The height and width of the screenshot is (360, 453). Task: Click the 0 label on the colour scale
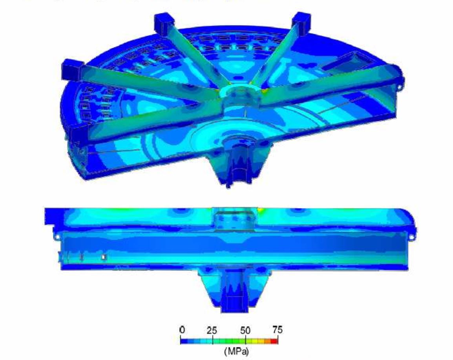182,330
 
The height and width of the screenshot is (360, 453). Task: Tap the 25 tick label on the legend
212,330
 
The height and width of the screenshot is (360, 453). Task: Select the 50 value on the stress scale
245,330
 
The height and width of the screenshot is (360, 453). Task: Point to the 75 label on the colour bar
278,330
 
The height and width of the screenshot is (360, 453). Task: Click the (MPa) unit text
236,351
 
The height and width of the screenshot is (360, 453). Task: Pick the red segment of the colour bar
274,341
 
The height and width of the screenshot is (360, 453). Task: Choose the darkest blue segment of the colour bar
184,341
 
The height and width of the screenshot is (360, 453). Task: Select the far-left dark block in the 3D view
73,69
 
